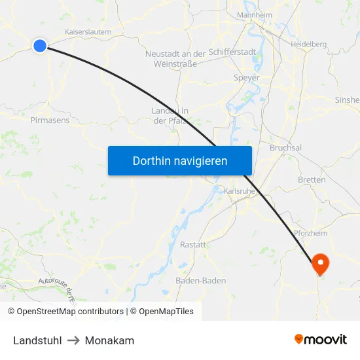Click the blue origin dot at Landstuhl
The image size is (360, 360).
40,45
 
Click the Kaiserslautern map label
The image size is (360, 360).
88,31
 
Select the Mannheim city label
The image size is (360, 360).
255,15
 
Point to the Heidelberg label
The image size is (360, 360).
308,44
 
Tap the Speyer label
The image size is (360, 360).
247,77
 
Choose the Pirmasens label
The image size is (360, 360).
50,120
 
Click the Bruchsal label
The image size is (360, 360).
285,148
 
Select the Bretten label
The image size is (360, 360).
311,179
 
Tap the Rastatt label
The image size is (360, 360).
192,244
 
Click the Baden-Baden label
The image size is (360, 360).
201,281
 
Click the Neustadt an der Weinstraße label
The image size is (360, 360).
175,58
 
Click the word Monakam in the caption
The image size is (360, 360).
109,340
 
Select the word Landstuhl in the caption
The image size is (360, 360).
38,340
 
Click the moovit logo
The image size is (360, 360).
321,339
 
